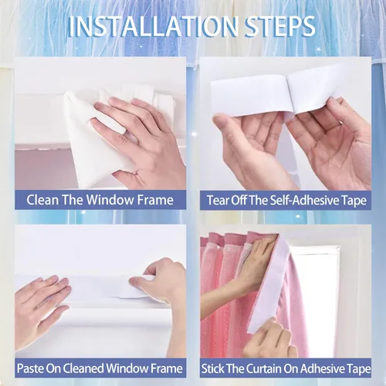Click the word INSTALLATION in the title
[154, 26]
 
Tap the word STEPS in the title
[280, 26]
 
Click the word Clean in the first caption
[42, 200]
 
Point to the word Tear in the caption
[218, 200]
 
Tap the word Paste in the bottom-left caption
[30, 368]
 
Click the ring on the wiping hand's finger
[136, 172]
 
